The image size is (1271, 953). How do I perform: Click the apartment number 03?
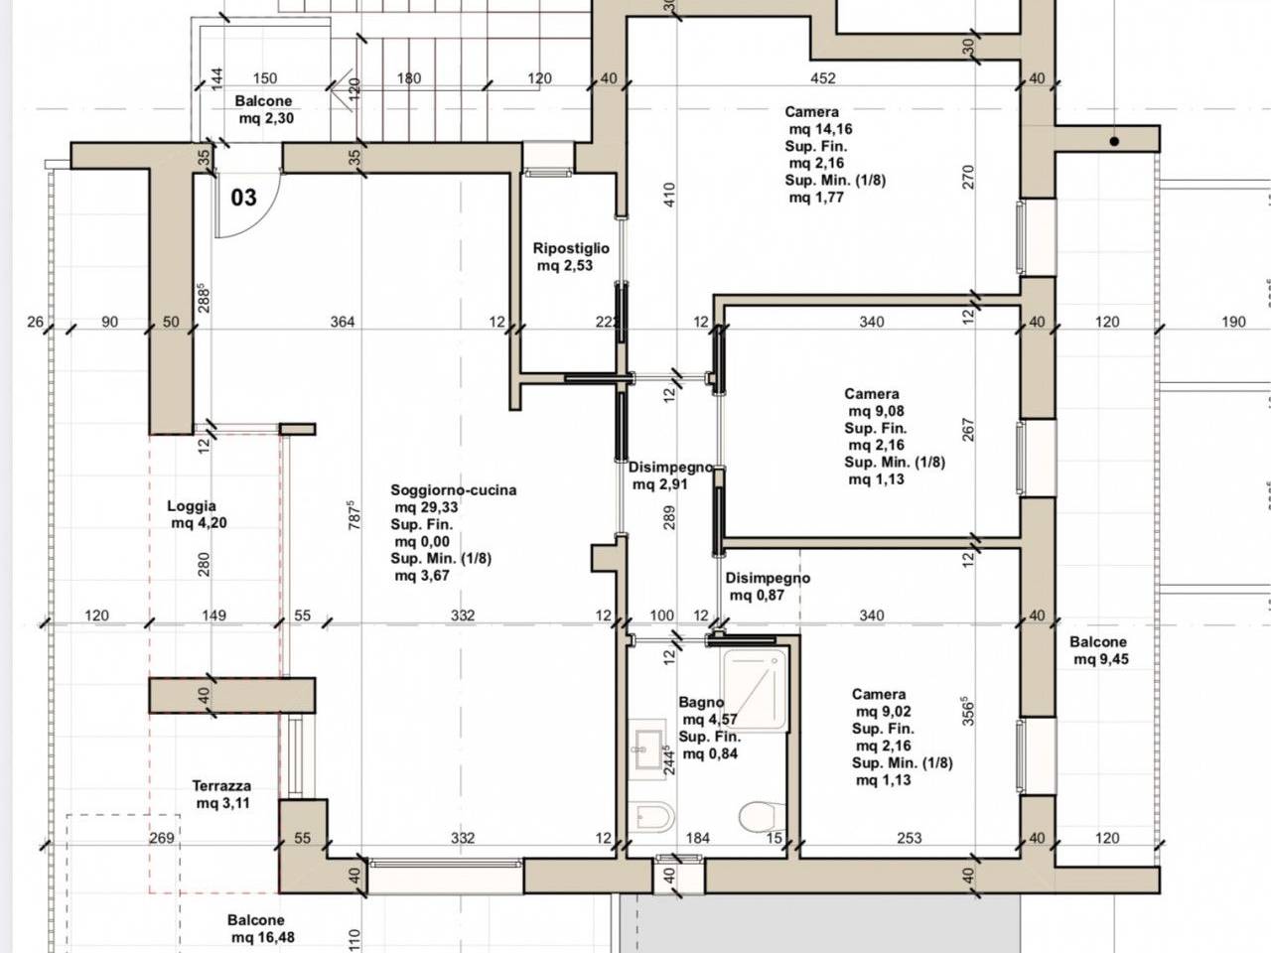(x=243, y=198)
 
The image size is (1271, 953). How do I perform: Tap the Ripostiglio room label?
(x=571, y=248)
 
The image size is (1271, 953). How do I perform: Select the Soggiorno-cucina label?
(x=454, y=490)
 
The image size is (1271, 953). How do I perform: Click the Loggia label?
(x=192, y=505)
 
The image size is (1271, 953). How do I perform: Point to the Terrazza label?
(x=221, y=786)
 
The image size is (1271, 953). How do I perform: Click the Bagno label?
(x=701, y=702)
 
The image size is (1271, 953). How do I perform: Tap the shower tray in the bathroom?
(x=755, y=689)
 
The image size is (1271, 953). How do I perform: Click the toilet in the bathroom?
(x=762, y=816)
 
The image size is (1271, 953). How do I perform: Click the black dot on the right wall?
(x=1114, y=141)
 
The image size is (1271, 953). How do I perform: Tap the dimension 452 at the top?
(x=823, y=78)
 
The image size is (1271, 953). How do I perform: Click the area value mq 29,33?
(x=426, y=507)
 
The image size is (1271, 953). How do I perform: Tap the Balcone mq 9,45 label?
(x=1098, y=650)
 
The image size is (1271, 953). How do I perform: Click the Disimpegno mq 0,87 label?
(x=768, y=586)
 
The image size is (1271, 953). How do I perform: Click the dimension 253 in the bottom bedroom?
(x=910, y=837)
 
